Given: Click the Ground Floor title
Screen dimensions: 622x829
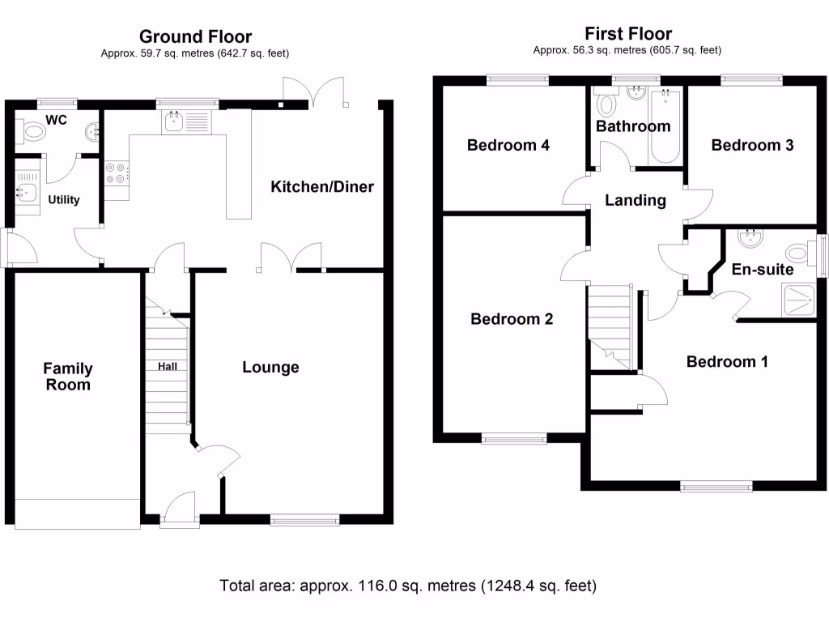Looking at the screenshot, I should [x=195, y=36].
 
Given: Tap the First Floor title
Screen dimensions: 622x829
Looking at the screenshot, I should [x=628, y=33].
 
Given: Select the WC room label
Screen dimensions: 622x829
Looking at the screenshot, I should [x=57, y=120].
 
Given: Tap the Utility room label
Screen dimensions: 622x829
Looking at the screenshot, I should [x=63, y=199].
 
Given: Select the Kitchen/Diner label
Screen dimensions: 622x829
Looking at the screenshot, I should [x=322, y=187].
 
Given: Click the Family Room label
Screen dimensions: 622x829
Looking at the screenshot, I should [x=68, y=377].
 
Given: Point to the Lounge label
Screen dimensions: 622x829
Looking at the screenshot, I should [x=271, y=368].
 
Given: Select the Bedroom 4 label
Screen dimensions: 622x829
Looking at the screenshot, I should [x=508, y=146].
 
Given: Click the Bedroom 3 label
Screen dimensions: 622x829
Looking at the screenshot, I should [x=752, y=145].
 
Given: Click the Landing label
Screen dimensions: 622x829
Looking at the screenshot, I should [x=636, y=200].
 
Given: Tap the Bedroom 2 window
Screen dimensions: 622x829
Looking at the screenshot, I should [x=514, y=439].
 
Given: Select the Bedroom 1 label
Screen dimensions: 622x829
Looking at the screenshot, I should [x=727, y=361].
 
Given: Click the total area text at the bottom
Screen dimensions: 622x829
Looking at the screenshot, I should [x=408, y=585].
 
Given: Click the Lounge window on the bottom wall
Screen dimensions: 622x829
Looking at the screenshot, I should [x=304, y=520].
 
